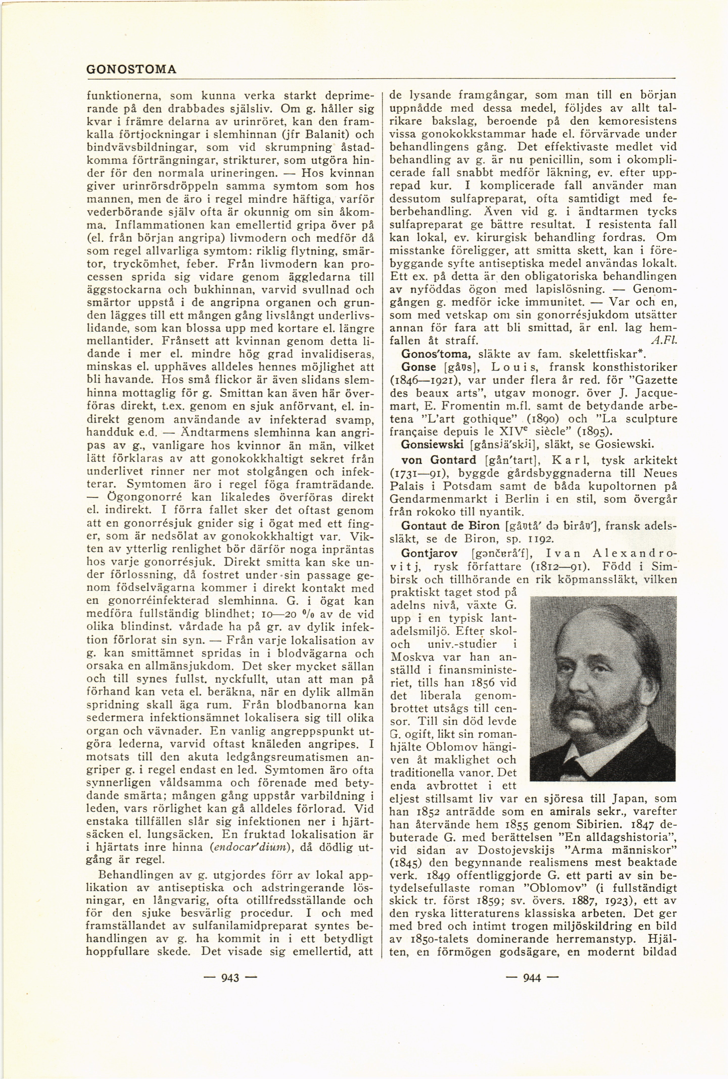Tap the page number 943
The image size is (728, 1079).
pyautogui.click(x=230, y=978)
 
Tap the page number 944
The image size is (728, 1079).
pyautogui.click(x=532, y=978)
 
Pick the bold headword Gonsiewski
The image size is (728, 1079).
pyautogui.click(x=432, y=444)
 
